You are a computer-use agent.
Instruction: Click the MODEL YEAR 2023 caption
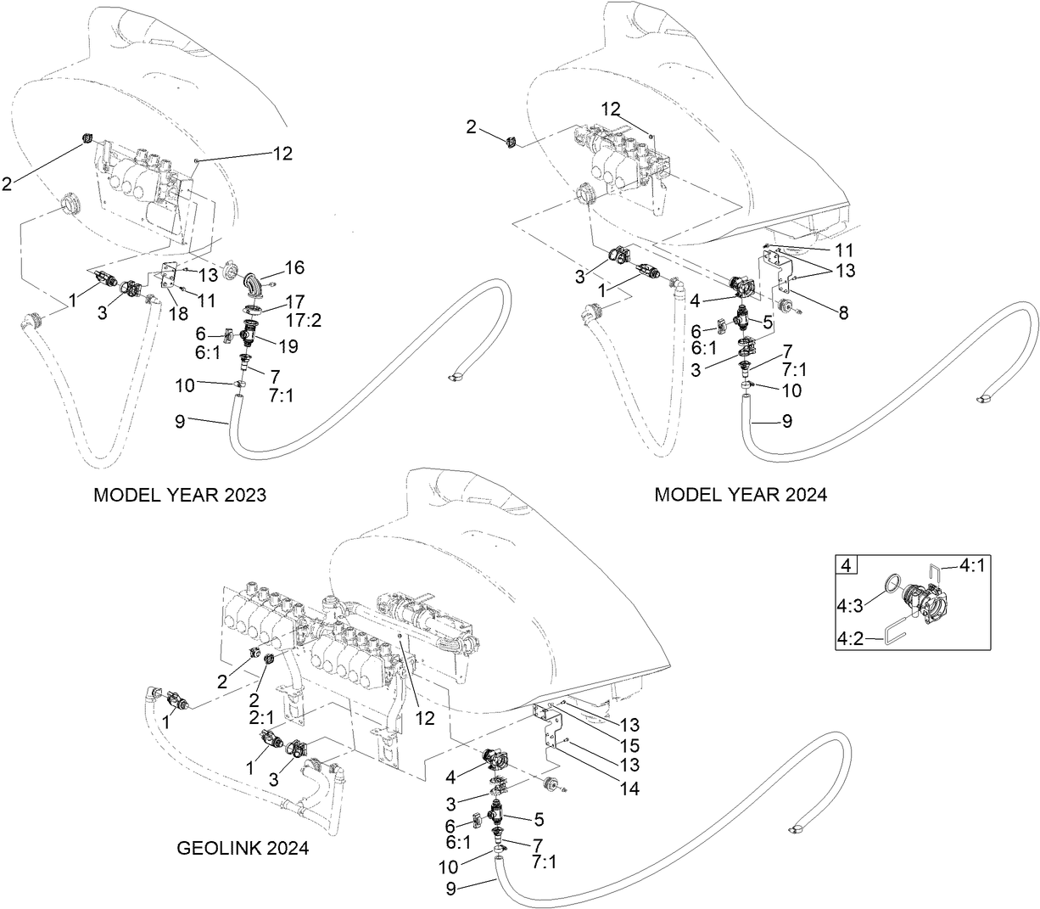(x=179, y=495)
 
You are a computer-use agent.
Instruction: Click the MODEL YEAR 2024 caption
(x=740, y=495)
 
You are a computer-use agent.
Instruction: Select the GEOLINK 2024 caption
(x=243, y=847)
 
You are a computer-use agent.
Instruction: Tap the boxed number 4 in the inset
(x=847, y=565)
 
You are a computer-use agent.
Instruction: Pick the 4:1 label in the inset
(x=975, y=564)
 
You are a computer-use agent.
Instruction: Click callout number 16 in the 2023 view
(x=294, y=268)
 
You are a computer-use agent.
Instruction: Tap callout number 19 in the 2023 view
(x=288, y=345)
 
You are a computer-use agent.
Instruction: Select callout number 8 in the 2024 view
(x=842, y=313)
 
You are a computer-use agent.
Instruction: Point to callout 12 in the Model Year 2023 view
(x=282, y=154)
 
